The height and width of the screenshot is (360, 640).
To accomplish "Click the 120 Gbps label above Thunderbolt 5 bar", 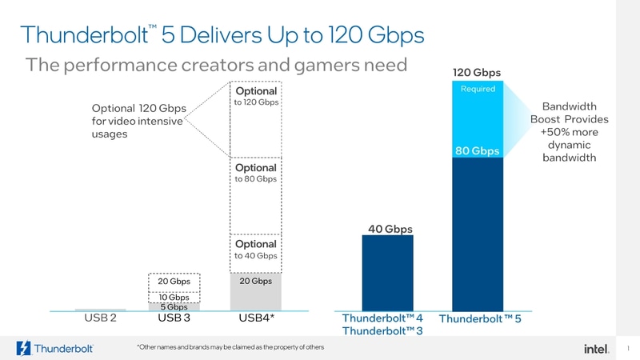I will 477,73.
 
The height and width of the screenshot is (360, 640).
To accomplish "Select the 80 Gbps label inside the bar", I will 477,150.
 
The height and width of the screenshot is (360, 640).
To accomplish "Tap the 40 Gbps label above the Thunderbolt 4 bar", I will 390,229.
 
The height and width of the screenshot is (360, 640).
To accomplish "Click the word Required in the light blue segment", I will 478,89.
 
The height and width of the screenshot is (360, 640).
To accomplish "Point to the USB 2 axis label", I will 100,318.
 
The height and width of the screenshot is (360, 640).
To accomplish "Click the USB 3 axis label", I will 174,318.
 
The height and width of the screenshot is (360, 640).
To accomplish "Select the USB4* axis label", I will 256,318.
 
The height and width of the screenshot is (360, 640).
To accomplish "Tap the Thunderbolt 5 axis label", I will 480,319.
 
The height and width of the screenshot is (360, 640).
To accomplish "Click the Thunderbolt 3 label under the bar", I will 382,331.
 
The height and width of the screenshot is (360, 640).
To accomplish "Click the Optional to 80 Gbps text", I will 255,173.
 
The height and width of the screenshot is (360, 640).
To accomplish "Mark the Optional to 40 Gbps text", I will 255,250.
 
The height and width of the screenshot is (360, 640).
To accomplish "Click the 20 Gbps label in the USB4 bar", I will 256,281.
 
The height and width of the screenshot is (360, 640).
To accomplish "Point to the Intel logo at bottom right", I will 594,348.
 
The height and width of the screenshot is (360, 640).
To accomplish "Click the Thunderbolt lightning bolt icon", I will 24,349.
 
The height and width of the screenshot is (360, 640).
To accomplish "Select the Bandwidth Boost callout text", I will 569,132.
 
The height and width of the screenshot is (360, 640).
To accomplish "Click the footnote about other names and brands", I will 230,347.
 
